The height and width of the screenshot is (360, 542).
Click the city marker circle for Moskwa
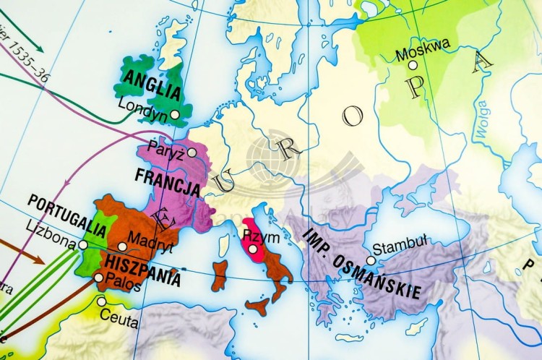point(413,64)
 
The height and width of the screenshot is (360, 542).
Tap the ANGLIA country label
point(152,85)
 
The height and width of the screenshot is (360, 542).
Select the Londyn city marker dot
point(175,114)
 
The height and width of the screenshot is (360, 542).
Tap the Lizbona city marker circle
point(82,244)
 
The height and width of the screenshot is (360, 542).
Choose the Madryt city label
point(149,238)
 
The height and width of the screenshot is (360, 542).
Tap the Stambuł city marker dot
point(371,260)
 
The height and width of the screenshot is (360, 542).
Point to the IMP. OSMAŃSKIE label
point(361,265)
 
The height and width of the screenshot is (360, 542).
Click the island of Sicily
point(257,305)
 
